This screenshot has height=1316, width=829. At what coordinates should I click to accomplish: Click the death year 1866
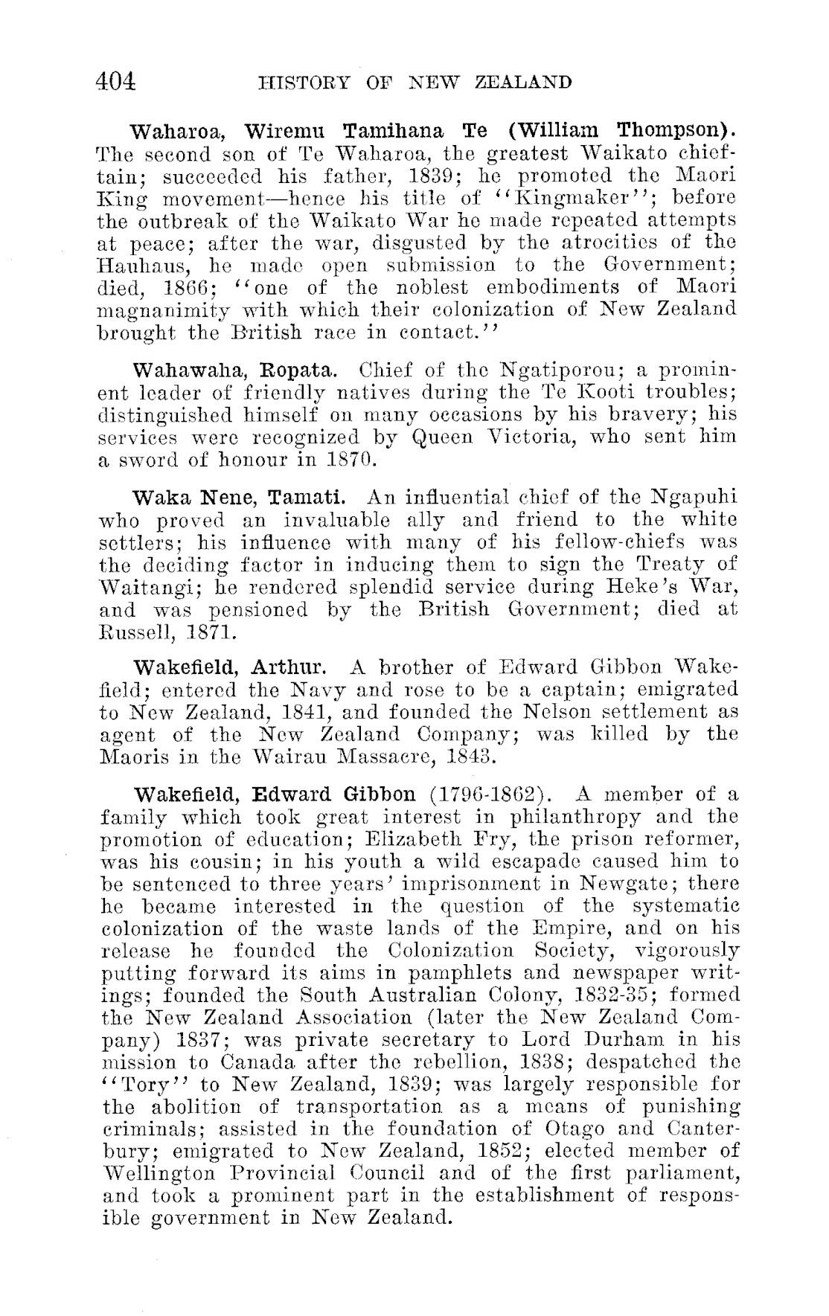(x=189, y=288)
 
